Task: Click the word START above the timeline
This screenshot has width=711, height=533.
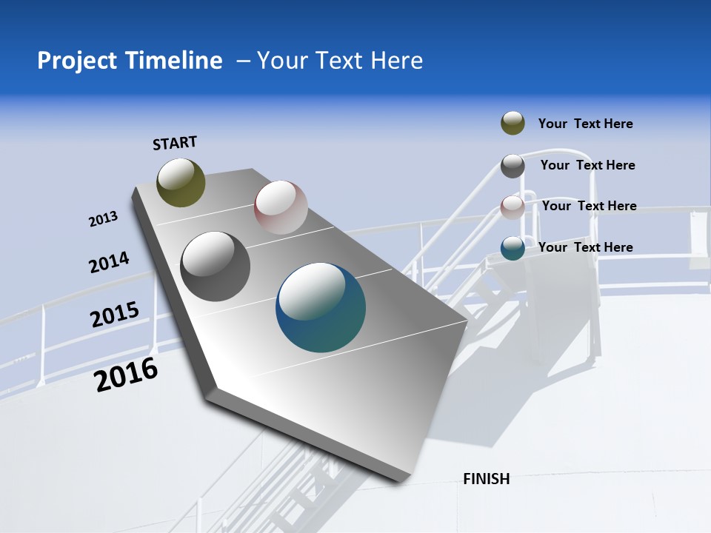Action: pos(175,143)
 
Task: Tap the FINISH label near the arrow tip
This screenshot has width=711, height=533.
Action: pos(486,479)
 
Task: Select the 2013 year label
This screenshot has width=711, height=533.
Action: pos(103,219)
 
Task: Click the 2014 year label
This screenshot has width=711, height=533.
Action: pos(109,263)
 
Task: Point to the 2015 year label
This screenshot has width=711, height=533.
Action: pos(115,315)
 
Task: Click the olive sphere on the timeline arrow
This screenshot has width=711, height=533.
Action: pos(181,182)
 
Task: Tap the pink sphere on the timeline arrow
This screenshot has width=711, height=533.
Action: pos(281,207)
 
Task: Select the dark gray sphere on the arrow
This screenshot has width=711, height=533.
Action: pos(215,266)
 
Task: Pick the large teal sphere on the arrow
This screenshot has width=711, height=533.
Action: pos(321,308)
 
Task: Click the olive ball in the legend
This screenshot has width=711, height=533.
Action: pos(513,124)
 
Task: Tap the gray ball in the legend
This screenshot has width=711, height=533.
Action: pos(513,166)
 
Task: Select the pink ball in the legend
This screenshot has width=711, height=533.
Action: pos(513,207)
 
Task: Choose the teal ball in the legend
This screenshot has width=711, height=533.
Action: pos(513,248)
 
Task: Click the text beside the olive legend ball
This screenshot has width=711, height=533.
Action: pos(585,124)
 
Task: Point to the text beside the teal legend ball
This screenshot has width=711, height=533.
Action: pos(585,247)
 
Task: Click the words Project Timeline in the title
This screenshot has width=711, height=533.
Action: pos(130,61)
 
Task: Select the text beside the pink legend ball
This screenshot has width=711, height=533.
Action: pos(589,206)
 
